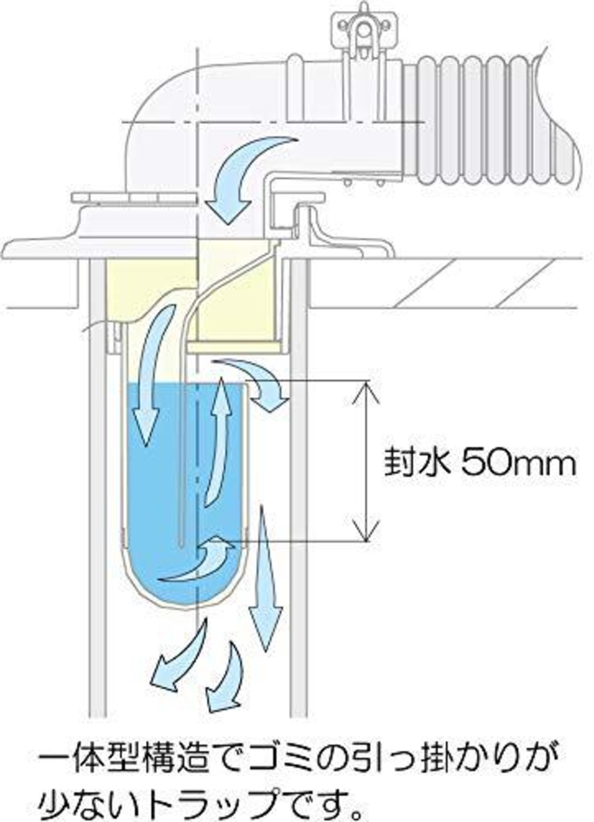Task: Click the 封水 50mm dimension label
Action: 480,462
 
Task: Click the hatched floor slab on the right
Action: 445,282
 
